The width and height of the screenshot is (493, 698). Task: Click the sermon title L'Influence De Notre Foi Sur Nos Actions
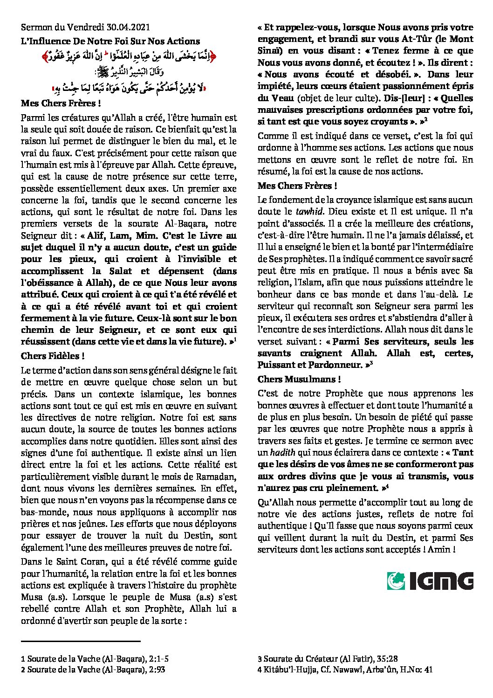(x=110, y=41)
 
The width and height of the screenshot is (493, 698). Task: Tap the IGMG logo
(x=430, y=581)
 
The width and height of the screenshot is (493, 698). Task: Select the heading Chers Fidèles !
(x=53, y=356)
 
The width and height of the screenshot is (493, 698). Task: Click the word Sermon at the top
(x=35, y=29)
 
